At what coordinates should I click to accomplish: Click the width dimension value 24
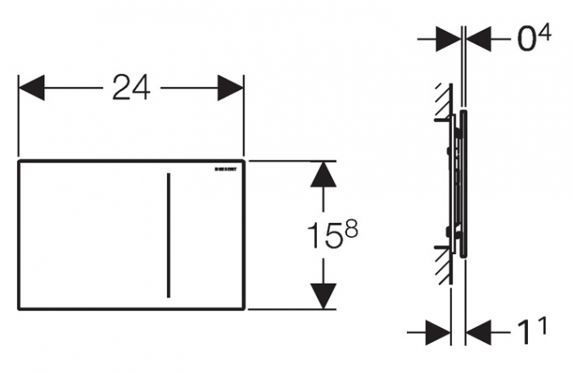point(131,87)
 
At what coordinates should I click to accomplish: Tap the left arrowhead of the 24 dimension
point(31,88)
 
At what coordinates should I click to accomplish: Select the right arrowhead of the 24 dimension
point(231,88)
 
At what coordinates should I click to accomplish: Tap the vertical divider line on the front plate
point(169,235)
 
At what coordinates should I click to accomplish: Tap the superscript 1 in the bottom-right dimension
point(541,325)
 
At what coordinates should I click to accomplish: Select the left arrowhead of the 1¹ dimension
point(437,333)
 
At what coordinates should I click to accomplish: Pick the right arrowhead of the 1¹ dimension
point(478,333)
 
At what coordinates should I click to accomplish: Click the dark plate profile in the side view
point(464,184)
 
